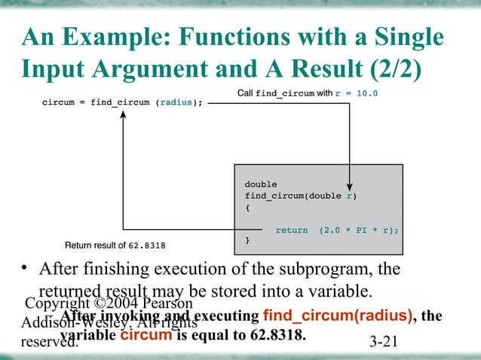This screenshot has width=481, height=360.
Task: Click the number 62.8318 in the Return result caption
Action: pyautogui.click(x=149, y=246)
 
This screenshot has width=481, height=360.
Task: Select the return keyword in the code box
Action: pyautogui.click(x=292, y=230)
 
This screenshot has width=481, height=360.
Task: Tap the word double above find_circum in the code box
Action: pyautogui.click(x=261, y=184)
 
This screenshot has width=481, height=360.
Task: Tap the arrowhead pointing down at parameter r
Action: pyautogui.click(x=350, y=185)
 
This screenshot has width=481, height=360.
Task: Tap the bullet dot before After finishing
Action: pyautogui.click(x=25, y=270)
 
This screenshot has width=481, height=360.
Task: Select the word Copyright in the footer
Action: pyautogui.click(x=58, y=304)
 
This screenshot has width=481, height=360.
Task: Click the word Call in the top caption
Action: pyautogui.click(x=246, y=94)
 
